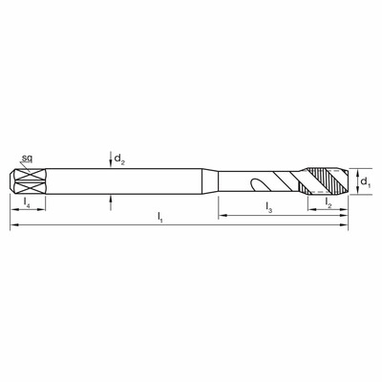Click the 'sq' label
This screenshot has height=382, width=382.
[x=27, y=159]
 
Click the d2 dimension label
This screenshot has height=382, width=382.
[x=119, y=159]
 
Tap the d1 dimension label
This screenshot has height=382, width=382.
[x=365, y=182]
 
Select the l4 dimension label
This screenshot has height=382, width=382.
[x=27, y=202]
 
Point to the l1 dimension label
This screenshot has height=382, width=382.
[x=160, y=218]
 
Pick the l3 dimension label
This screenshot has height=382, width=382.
[x=269, y=207]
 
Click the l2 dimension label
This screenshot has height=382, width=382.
[x=329, y=202]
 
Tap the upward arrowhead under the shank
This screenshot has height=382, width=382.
[x=111, y=199]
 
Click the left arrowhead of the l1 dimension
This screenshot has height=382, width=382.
[x=14, y=225]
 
